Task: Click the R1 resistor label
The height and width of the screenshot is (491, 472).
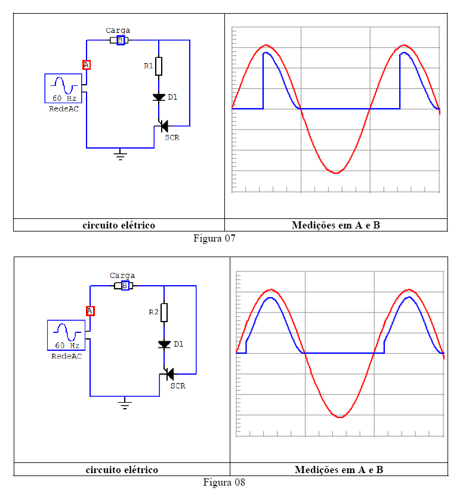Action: (x=149, y=66)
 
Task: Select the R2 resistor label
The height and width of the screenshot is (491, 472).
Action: (x=154, y=312)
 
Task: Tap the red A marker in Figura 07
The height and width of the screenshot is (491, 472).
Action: (x=87, y=64)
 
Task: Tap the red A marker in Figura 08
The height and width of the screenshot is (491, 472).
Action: (x=90, y=310)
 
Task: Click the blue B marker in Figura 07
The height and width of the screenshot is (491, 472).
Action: (x=121, y=41)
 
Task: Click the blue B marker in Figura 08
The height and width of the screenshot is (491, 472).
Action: (x=125, y=286)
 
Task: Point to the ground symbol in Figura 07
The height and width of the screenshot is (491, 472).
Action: (x=121, y=156)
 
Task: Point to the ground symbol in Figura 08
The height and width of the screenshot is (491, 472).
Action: (x=125, y=405)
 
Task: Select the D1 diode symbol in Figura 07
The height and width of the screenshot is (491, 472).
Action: (x=159, y=97)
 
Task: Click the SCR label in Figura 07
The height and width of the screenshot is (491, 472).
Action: (x=172, y=138)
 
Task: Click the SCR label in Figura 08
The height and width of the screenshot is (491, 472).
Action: (x=178, y=386)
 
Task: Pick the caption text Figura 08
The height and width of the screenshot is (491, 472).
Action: (x=224, y=482)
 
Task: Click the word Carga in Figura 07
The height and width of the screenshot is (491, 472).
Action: (x=118, y=30)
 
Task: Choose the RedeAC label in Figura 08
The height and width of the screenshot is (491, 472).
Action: (x=66, y=356)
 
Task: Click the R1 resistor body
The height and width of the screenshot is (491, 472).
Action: (x=159, y=66)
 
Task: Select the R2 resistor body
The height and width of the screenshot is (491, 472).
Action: (x=164, y=312)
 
